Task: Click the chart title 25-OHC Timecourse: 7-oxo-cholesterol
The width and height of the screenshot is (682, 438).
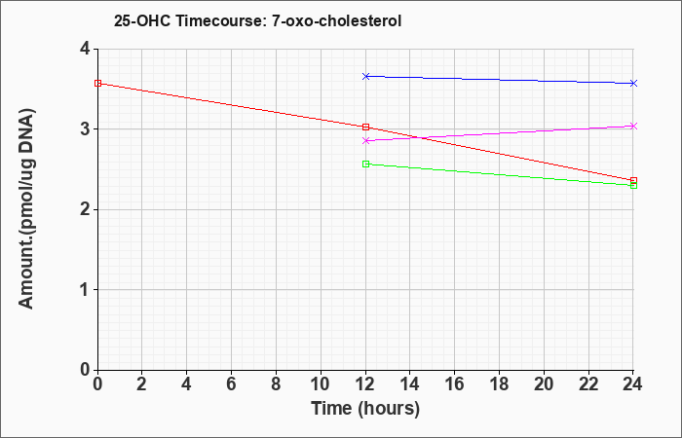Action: click(257, 20)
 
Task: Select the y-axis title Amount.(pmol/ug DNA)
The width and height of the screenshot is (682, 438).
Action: click(26, 209)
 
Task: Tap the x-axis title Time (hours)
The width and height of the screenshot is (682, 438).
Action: click(365, 409)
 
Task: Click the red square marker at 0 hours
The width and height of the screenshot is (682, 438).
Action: click(97, 83)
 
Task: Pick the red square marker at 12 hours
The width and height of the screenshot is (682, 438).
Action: click(365, 127)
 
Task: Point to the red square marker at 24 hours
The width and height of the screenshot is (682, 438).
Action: click(633, 180)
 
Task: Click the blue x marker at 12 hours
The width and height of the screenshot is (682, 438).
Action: click(365, 77)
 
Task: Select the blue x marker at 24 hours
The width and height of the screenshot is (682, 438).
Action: click(633, 83)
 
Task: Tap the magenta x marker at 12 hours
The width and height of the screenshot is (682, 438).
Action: click(365, 141)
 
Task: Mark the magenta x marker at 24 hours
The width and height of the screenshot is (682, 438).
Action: click(633, 126)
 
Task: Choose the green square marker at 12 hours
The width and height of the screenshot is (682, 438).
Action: click(365, 164)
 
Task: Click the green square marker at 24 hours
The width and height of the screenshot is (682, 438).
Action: click(633, 186)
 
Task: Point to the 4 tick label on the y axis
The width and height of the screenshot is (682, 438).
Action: click(85, 49)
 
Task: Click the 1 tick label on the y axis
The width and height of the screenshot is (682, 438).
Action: click(85, 289)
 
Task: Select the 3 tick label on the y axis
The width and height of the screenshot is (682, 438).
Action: click(85, 129)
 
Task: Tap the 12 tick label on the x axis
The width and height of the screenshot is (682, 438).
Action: click(365, 384)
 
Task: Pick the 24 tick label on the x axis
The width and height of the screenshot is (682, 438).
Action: click(633, 384)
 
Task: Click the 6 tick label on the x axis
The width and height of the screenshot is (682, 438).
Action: click(232, 384)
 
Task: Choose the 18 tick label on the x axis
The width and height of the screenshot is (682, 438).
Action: click(499, 384)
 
